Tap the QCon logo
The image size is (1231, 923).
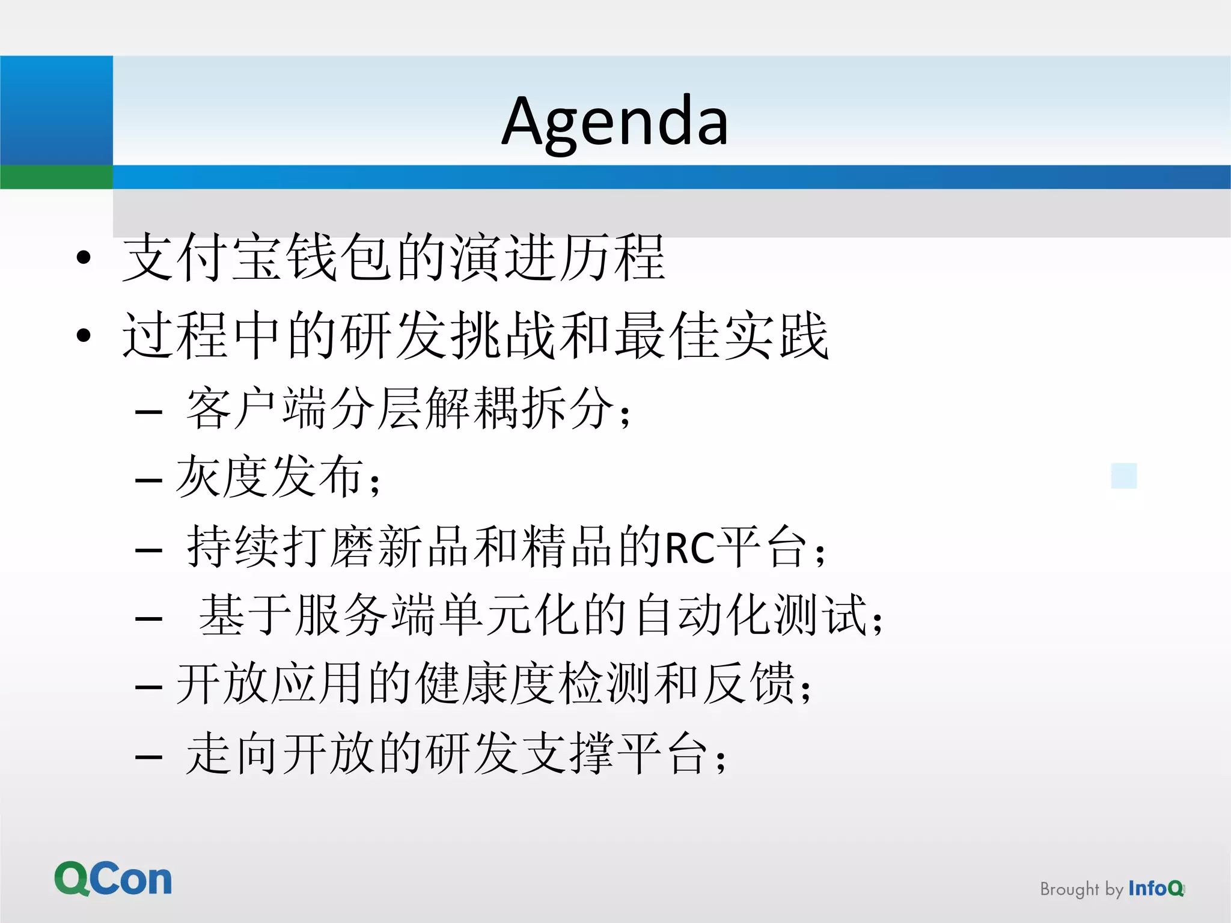pos(113,879)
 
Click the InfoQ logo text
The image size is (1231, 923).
pos(1155,888)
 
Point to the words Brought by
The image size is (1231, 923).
pos(1081,889)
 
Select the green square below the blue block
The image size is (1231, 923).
pos(56,177)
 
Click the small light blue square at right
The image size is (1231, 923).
pos(1123,475)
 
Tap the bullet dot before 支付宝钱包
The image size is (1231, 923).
pos(84,258)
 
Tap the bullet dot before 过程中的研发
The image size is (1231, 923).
pos(84,335)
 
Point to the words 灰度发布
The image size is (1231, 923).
pos(270,477)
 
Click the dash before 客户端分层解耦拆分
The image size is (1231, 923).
pos(149,412)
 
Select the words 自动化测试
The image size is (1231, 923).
pos(751,615)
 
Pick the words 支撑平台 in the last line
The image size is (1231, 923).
pos(613,754)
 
